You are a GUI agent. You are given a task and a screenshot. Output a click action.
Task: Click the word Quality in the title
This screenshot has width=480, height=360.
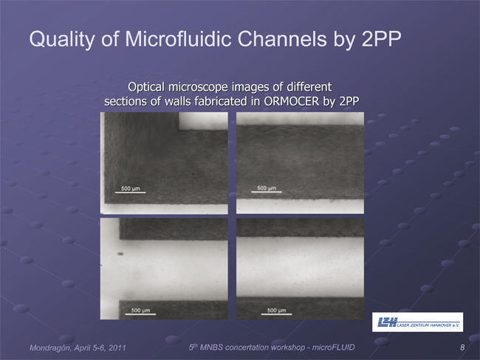[62, 40]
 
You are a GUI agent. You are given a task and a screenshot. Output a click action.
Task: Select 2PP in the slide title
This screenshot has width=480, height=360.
[381, 39]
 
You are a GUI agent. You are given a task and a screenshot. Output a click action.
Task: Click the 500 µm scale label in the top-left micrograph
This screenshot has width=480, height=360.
[131, 188]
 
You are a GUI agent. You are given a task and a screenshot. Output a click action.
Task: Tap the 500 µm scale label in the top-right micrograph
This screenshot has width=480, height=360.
[267, 188]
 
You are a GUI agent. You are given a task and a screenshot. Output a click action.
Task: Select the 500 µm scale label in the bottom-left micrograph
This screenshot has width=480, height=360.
[140, 310]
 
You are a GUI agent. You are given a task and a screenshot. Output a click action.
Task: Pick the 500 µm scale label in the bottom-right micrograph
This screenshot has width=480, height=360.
[276, 310]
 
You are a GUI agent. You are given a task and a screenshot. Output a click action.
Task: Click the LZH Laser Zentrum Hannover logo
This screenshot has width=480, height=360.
[417, 322]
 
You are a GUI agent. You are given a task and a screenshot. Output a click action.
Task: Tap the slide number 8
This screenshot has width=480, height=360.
[462, 347]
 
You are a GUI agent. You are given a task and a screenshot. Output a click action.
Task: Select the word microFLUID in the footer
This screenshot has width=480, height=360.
[333, 347]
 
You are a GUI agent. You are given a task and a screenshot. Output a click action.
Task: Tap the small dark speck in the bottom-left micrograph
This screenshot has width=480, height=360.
[120, 254]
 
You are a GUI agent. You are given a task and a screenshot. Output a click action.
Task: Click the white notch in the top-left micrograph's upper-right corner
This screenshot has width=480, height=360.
[203, 121]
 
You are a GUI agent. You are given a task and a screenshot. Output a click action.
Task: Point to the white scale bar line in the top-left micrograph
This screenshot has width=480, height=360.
[131, 193]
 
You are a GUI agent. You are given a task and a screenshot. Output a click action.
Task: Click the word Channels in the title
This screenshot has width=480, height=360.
[281, 39]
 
